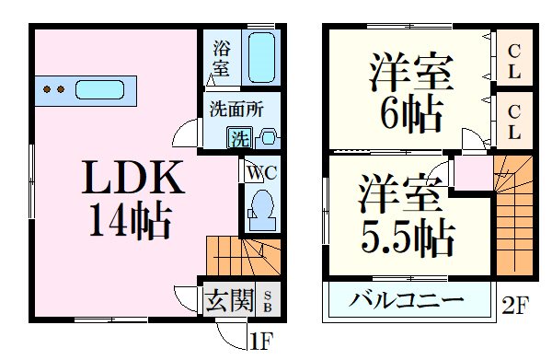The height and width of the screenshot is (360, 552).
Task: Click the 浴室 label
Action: click(221, 57)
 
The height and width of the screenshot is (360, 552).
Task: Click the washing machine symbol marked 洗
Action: click(238, 140)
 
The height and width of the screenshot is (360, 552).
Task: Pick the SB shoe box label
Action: click(268, 301)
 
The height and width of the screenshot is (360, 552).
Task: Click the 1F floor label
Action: click(262, 343)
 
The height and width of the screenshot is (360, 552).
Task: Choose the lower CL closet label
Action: click(513, 120)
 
